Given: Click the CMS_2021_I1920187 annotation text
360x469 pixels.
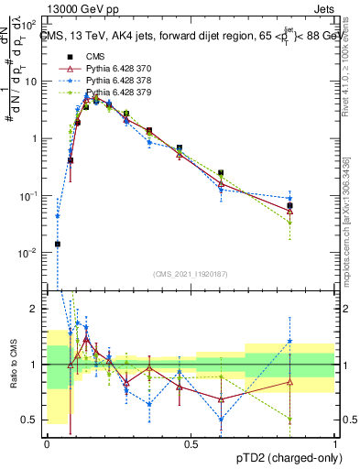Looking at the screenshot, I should [x=191, y=274].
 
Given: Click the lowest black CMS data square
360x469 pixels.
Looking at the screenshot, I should [x=58, y=244].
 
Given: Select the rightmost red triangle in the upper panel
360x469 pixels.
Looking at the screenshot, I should [x=289, y=211].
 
